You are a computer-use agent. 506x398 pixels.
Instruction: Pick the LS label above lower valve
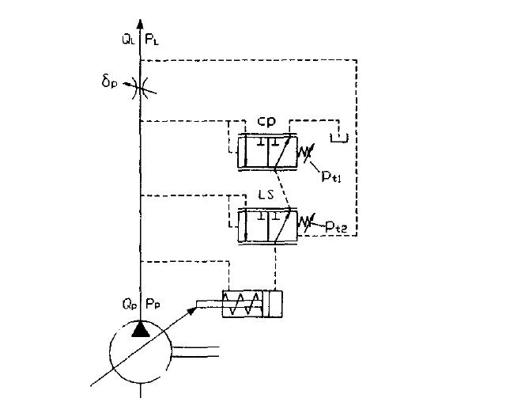(x=266, y=194)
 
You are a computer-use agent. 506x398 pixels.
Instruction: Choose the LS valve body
(x=266, y=224)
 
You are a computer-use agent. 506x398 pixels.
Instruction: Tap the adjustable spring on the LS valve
(x=303, y=224)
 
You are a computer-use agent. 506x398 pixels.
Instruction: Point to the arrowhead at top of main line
(x=140, y=26)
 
